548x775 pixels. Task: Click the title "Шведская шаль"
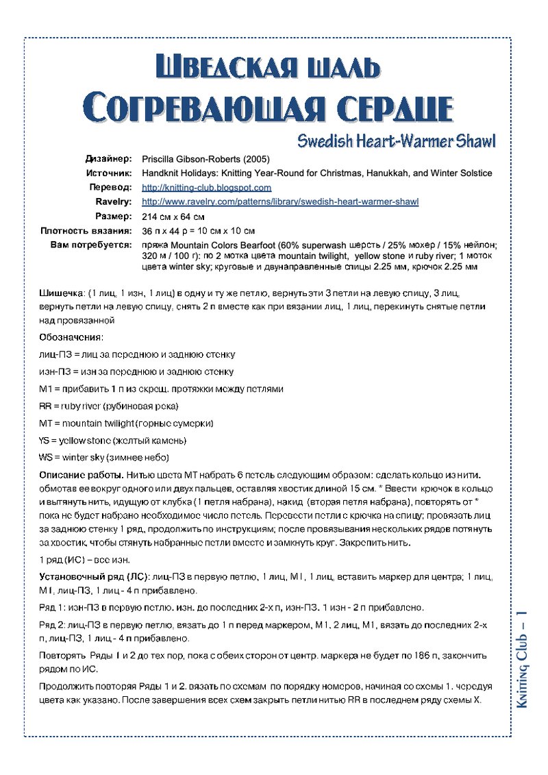point(268,67)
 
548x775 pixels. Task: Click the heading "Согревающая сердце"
point(268,108)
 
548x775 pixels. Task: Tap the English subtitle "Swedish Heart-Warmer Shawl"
point(396,141)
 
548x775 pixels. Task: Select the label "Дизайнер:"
point(108,159)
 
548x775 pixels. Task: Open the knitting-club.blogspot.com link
point(206,187)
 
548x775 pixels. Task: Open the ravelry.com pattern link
point(279,201)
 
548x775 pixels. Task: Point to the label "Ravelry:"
point(114,201)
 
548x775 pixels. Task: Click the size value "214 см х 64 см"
point(173,217)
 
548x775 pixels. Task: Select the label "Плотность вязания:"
point(86,231)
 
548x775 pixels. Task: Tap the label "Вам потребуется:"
point(91,245)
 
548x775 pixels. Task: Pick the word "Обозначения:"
point(71,337)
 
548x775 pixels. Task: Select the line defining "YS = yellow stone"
point(112,440)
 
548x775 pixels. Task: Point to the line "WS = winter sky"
point(104,457)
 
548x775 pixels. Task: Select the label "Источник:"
point(110,173)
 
